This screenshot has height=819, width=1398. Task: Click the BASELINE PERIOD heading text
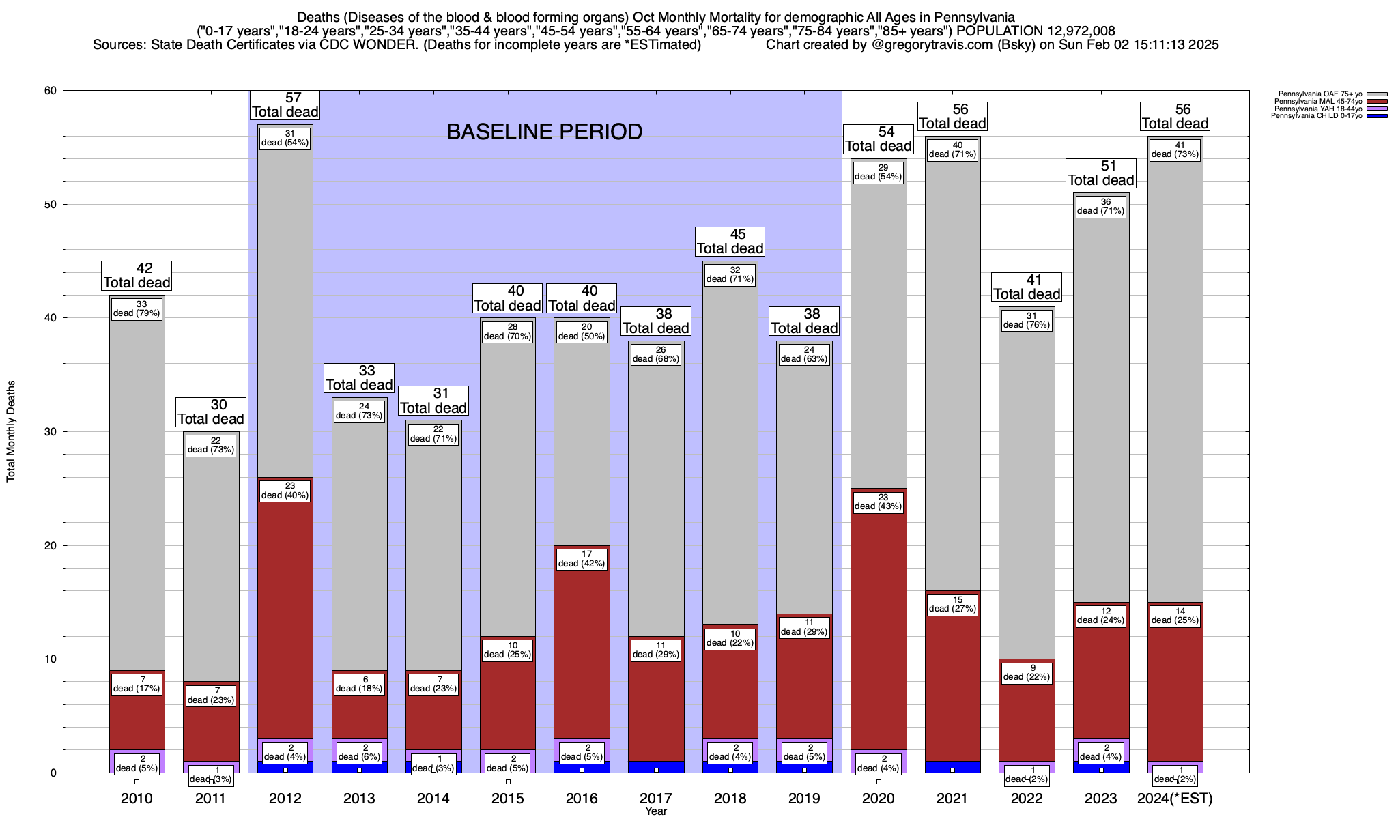pyautogui.click(x=544, y=132)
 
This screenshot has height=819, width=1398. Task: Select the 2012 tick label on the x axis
pyautogui.click(x=285, y=799)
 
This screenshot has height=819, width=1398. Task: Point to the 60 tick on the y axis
pyautogui.click(x=50, y=91)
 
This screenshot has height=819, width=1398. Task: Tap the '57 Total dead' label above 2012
pyautogui.click(x=285, y=105)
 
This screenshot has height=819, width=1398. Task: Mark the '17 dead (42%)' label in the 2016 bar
pyautogui.click(x=582, y=559)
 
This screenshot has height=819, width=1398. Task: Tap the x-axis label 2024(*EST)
pyautogui.click(x=1175, y=799)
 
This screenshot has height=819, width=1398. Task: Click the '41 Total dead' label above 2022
pyautogui.click(x=1027, y=287)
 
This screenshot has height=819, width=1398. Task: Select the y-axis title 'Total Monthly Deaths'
pyautogui.click(x=11, y=431)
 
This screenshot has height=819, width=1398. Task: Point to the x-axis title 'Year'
pyautogui.click(x=656, y=811)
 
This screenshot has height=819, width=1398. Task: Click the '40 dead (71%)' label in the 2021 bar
pyautogui.click(x=952, y=149)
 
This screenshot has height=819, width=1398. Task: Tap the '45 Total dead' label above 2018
pyautogui.click(x=730, y=242)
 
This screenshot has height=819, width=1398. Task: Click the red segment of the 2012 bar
pyautogui.click(x=285, y=614)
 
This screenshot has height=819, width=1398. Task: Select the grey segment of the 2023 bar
pyautogui.click(x=1101, y=409)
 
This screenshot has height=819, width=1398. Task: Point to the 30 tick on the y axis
pyautogui.click(x=50, y=431)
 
